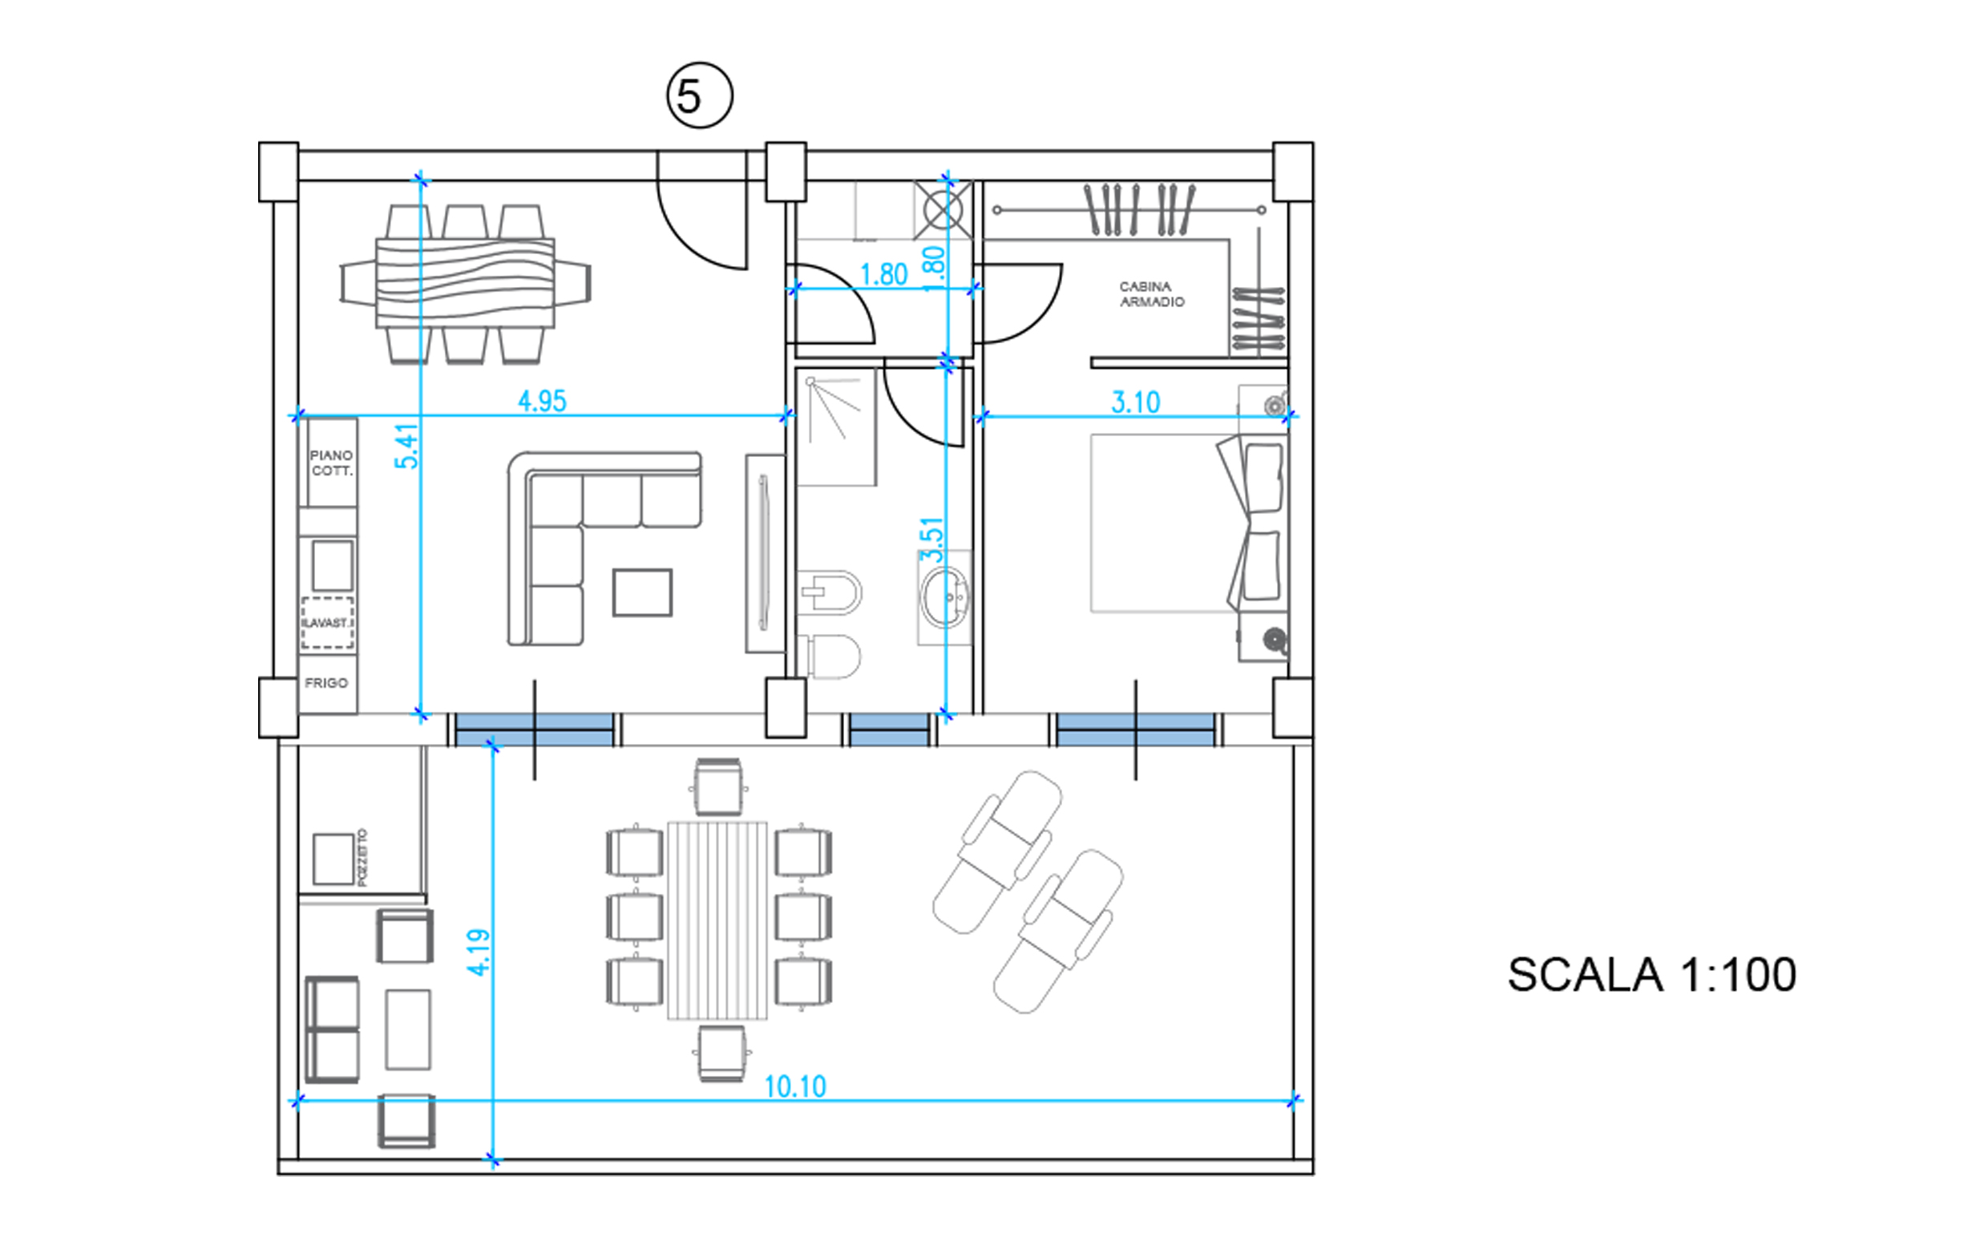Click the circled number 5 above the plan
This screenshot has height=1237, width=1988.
(700, 95)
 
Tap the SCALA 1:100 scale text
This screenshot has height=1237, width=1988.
(1652, 974)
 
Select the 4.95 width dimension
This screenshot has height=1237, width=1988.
(542, 401)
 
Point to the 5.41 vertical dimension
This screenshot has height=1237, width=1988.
(406, 446)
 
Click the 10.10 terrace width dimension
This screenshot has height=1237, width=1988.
(795, 1086)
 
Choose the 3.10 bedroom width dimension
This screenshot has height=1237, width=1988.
(1136, 402)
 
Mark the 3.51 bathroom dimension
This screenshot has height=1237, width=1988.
(932, 540)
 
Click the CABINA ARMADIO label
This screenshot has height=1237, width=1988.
(1151, 293)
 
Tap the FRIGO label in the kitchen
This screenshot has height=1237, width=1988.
(326, 683)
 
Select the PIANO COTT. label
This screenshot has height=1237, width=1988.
(331, 463)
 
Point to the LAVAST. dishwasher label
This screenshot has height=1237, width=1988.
(327, 624)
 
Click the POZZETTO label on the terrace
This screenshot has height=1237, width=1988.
(362, 857)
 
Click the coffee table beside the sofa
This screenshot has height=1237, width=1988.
(642, 592)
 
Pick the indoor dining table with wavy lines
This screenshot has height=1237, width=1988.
(465, 283)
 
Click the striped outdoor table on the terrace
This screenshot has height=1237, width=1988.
(717, 920)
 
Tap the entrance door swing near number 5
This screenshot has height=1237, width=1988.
(702, 212)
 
